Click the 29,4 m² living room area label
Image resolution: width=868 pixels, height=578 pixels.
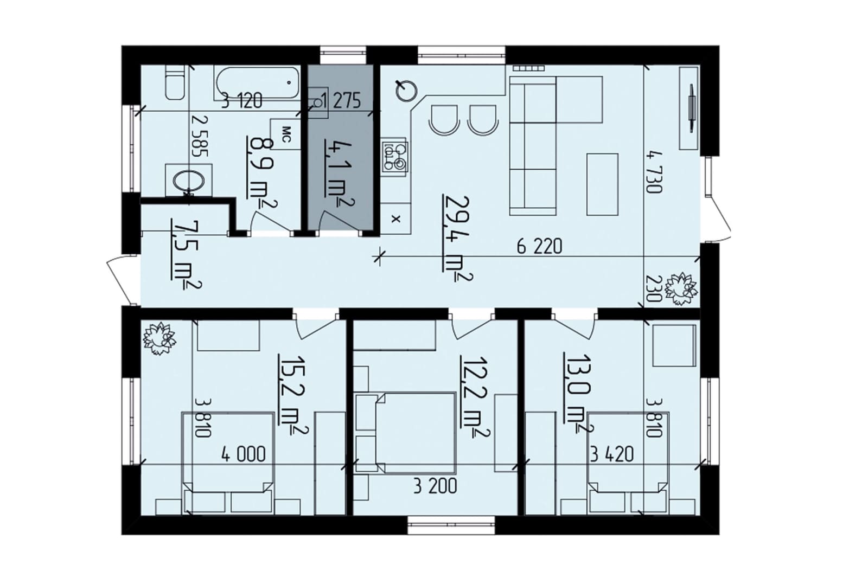[458, 237]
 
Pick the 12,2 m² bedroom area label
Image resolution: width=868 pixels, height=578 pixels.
[474, 397]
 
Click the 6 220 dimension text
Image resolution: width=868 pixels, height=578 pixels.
[539, 247]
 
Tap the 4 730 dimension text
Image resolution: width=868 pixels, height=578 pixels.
[654, 172]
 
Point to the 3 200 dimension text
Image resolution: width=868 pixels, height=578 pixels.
[435, 486]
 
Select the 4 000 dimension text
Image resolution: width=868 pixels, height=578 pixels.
[244, 454]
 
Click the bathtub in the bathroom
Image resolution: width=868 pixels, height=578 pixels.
[257, 84]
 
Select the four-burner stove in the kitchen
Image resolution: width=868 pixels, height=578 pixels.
[394, 157]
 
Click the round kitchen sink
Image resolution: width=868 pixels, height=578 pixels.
[407, 92]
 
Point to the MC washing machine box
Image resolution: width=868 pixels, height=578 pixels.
[285, 134]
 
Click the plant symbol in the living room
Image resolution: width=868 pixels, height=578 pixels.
[681, 289]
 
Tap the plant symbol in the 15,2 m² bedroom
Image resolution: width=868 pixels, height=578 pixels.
[159, 338]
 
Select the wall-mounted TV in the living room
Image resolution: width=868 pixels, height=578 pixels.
[691, 108]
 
